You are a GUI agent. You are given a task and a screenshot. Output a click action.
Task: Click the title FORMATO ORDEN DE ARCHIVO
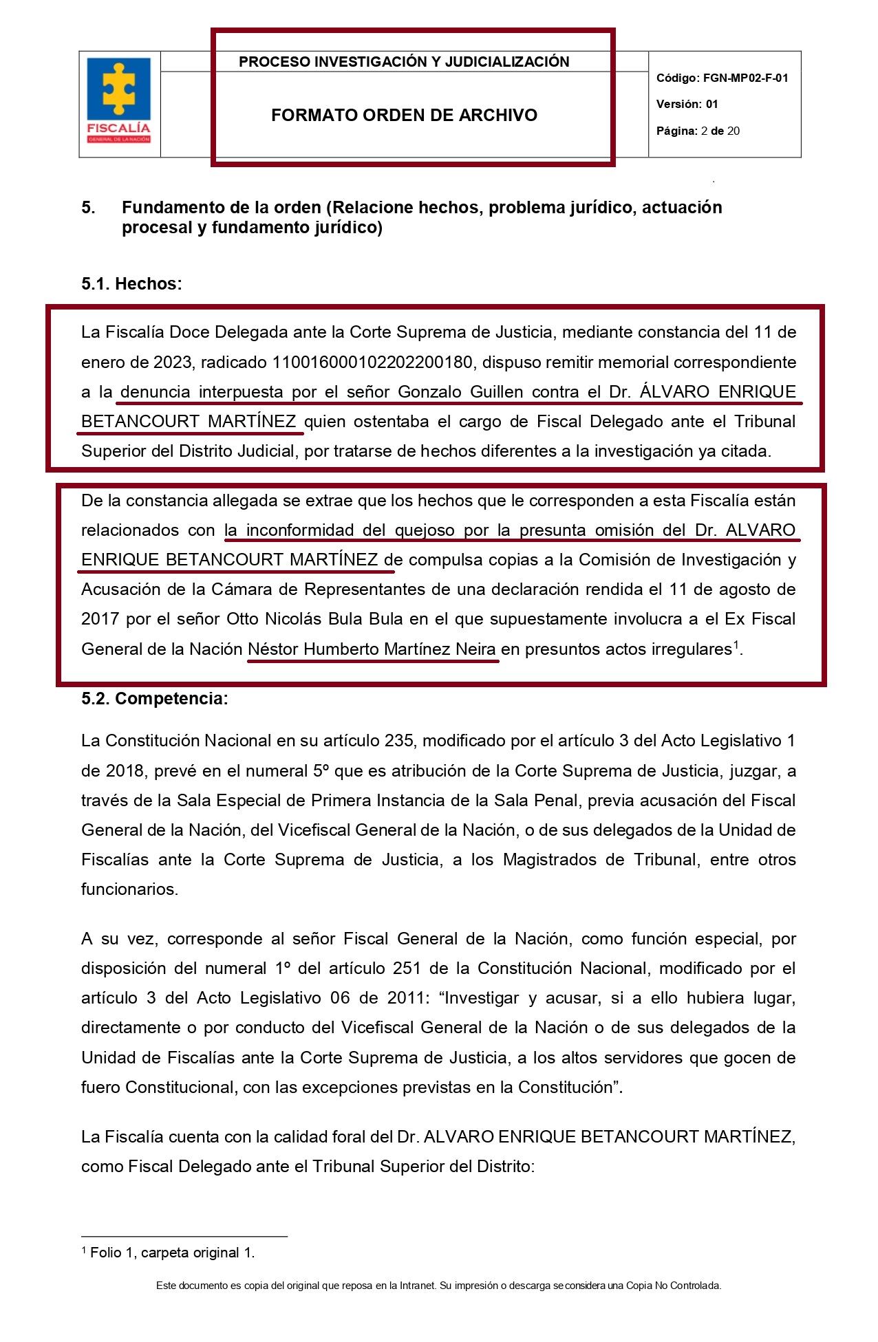click(404, 116)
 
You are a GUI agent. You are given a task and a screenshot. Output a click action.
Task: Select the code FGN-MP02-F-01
click(745, 78)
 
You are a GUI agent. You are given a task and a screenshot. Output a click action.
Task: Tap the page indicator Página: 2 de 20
click(698, 131)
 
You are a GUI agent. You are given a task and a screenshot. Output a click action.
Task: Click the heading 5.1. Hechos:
click(131, 284)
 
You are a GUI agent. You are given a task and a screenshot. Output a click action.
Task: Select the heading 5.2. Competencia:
click(154, 699)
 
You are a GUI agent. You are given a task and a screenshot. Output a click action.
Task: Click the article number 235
click(398, 742)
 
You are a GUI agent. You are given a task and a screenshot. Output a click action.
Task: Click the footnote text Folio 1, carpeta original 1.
click(172, 1253)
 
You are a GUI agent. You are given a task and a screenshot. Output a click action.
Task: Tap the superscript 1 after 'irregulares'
click(736, 645)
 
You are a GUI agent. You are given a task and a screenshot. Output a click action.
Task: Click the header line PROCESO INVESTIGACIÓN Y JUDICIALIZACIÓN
click(404, 62)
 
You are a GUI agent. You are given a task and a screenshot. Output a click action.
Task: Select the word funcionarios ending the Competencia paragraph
click(129, 889)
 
